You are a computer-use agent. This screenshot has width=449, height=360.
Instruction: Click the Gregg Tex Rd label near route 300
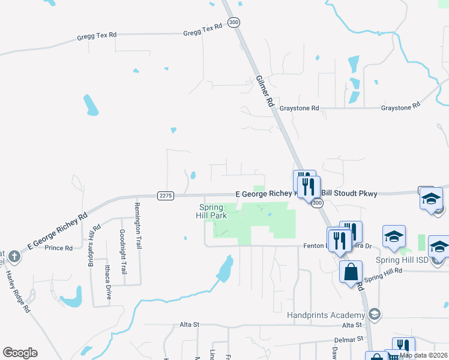203,29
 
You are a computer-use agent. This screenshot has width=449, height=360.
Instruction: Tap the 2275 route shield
166,196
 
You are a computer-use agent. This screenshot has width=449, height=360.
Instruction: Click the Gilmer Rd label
265,91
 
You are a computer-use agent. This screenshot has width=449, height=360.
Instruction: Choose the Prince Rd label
59,247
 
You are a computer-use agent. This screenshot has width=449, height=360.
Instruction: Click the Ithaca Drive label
109,283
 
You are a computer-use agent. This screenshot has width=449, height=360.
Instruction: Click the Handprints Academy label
326,315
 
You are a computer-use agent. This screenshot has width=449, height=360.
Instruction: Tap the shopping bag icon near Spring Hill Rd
351,272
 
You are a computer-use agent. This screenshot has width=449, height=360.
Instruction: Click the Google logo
20,352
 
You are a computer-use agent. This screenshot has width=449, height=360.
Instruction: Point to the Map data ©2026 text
423,355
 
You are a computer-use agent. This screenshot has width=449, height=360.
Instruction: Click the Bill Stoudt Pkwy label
349,193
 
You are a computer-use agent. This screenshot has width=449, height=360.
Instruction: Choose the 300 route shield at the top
234,22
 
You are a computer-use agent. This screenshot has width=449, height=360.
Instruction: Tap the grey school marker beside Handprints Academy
375,314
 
